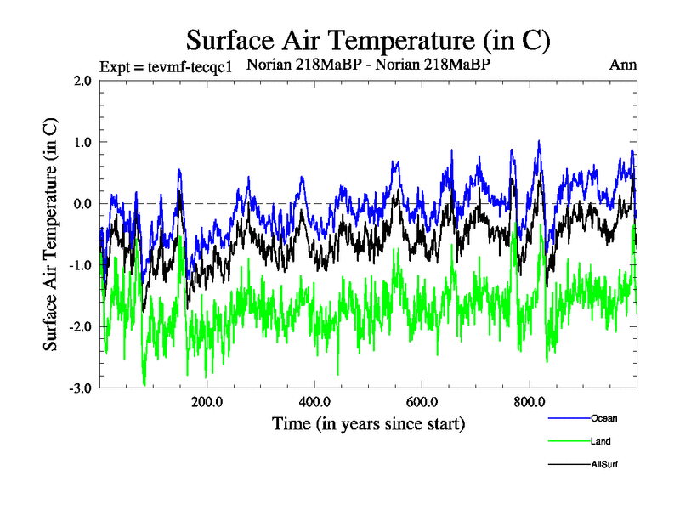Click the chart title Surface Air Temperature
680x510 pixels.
tap(368, 39)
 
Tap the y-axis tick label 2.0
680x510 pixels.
tap(82, 81)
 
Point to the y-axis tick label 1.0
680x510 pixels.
tap(82, 142)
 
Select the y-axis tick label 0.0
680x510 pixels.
tap(82, 204)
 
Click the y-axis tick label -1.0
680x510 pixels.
tap(81, 265)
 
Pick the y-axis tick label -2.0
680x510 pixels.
tap(81, 327)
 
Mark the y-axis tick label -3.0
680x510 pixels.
tap(81, 388)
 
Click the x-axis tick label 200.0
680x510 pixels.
tap(207, 402)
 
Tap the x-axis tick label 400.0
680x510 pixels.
tap(314, 402)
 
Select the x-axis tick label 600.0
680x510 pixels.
tap(422, 402)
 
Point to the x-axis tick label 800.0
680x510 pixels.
tap(530, 402)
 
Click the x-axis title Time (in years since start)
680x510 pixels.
tap(368, 422)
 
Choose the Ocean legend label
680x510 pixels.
tap(603, 417)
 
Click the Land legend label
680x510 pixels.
tap(600, 441)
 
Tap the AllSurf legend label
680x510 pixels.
tap(603, 465)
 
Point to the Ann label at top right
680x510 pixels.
tap(623, 65)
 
